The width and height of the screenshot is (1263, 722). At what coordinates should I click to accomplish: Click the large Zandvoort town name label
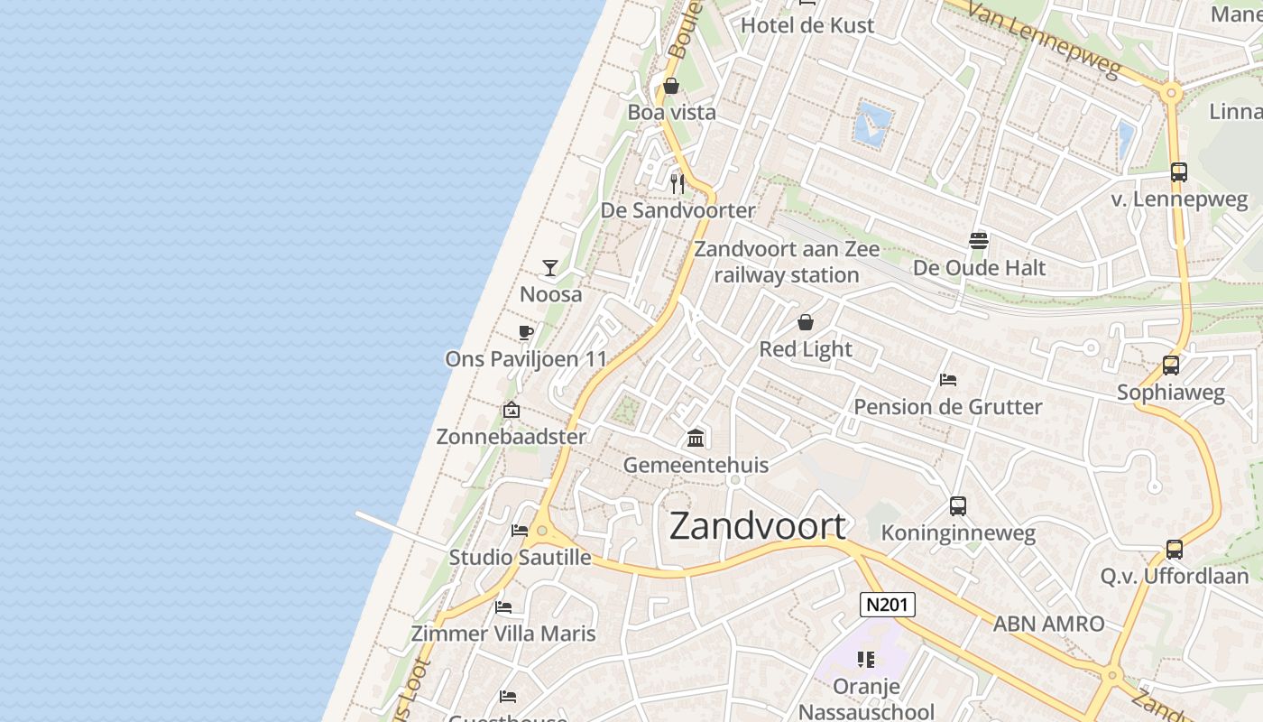758,526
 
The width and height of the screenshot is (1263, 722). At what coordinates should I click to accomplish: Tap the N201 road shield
887,605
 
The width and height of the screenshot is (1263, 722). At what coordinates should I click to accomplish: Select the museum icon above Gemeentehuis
696,439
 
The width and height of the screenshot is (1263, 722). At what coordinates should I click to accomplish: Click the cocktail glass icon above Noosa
550,267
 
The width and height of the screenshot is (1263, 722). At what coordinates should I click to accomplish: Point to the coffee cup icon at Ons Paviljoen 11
526,332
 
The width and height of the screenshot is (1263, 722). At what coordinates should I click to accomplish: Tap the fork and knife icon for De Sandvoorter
678,184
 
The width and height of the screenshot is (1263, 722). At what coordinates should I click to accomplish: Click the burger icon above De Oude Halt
979,240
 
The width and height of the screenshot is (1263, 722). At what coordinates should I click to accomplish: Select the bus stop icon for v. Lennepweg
1178,172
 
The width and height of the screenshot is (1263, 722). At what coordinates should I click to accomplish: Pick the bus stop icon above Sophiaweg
1170,366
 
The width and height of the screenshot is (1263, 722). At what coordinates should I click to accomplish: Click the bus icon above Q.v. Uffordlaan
1174,549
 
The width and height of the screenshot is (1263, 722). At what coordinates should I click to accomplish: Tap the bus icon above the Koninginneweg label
957,506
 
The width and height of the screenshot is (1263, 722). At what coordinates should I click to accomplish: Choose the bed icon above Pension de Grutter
947,380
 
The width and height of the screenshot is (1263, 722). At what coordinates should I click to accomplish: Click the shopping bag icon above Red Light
806,322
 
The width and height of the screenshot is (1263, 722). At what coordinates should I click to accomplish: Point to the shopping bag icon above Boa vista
671,86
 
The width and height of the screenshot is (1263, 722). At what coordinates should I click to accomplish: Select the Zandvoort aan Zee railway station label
787,262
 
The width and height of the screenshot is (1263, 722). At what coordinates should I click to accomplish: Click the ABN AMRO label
1048,624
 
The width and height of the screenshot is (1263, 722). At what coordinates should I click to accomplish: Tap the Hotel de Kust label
807,25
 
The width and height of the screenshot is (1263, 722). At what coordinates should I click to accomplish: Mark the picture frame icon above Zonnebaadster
512,410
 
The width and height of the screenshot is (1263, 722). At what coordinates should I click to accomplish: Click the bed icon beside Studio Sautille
519,531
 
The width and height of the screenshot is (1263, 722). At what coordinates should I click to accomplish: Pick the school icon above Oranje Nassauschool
866,660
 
